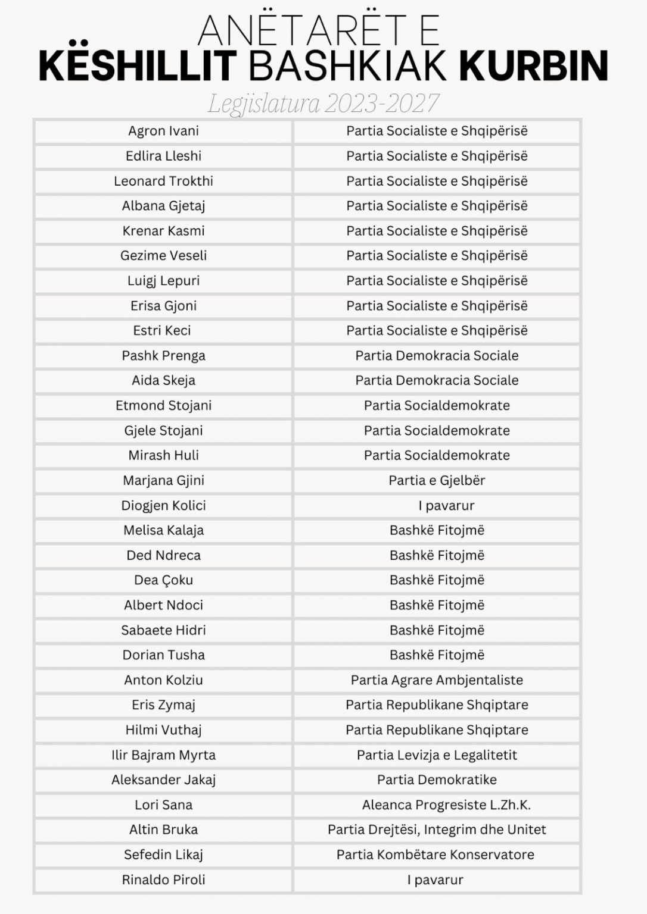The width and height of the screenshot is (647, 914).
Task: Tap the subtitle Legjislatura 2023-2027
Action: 323,103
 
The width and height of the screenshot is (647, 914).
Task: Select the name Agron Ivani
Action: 163,131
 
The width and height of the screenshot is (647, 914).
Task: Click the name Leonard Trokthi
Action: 163,181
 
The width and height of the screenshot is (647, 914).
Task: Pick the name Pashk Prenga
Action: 163,356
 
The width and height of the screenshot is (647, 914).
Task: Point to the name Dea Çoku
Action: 163,580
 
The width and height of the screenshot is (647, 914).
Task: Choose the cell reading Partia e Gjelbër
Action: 437,480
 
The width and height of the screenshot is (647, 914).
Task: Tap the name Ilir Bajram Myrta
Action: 163,755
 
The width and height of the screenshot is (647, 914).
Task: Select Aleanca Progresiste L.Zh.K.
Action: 446,805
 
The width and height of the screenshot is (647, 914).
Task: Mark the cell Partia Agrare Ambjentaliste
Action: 437,680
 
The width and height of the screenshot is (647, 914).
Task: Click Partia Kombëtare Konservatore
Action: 435,855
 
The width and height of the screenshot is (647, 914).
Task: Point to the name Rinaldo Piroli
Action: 163,880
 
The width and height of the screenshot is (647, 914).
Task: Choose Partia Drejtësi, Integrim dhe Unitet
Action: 437,830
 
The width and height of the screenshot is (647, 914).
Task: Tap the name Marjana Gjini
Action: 163,480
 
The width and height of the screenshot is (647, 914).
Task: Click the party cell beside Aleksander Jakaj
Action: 437,780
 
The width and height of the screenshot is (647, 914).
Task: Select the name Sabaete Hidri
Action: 163,630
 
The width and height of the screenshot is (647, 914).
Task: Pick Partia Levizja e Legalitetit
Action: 437,755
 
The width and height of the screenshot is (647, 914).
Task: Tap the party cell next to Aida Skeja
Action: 437,380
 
